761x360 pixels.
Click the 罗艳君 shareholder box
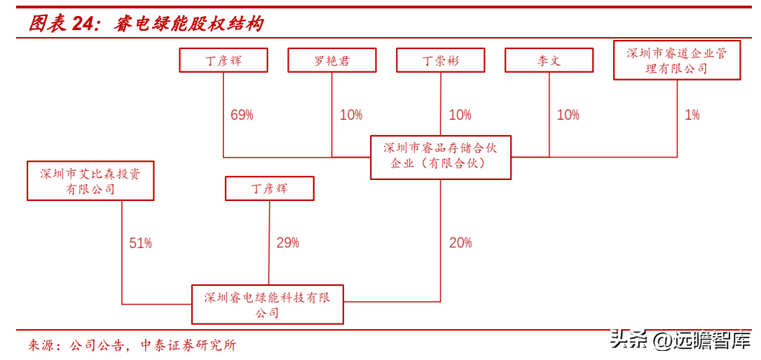332,60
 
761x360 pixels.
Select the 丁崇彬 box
441,60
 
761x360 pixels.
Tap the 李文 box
549,60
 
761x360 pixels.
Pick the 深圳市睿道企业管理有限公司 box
677,60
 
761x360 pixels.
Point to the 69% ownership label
242,116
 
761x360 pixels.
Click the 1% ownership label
692,115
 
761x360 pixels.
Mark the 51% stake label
140,242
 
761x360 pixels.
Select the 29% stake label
288,242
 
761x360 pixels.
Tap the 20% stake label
460,242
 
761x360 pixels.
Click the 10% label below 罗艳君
351,115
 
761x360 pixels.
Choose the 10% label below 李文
568,115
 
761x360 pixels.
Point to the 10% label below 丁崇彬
460,115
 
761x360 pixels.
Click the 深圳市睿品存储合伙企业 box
441,157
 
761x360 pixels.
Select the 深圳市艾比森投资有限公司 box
90,181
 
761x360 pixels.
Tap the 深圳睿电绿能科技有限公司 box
268,304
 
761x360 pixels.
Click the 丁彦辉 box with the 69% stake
224,60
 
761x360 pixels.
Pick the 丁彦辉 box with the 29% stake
269,188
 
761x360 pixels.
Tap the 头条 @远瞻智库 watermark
681,339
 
